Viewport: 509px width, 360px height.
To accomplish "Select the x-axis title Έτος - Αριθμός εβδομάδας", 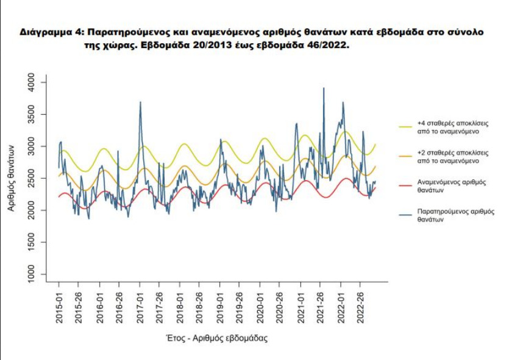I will [216, 337].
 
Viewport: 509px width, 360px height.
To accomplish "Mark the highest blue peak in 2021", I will [324, 88].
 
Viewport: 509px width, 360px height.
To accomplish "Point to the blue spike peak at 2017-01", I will [140, 103].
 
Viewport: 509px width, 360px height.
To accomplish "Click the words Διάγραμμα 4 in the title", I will [46, 31].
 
